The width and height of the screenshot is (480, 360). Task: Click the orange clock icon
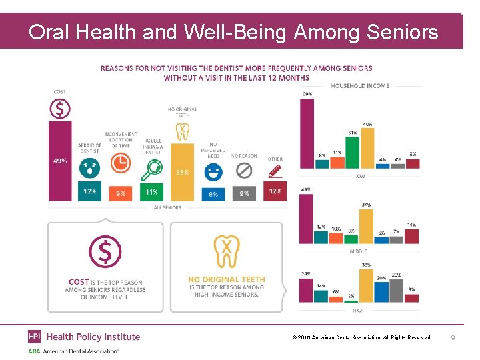[120, 163]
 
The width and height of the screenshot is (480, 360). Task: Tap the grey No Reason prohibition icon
[243, 171]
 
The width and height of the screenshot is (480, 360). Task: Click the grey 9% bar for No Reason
[243, 193]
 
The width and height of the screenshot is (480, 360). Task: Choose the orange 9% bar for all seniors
[120, 193]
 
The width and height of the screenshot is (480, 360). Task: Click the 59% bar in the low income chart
[307, 133]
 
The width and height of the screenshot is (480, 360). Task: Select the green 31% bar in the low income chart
[352, 152]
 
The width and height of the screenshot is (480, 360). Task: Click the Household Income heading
[360, 85]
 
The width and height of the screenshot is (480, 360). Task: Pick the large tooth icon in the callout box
[227, 251]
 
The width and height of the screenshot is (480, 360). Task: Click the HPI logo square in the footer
[34, 337]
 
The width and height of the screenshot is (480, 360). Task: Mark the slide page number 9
[453, 338]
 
